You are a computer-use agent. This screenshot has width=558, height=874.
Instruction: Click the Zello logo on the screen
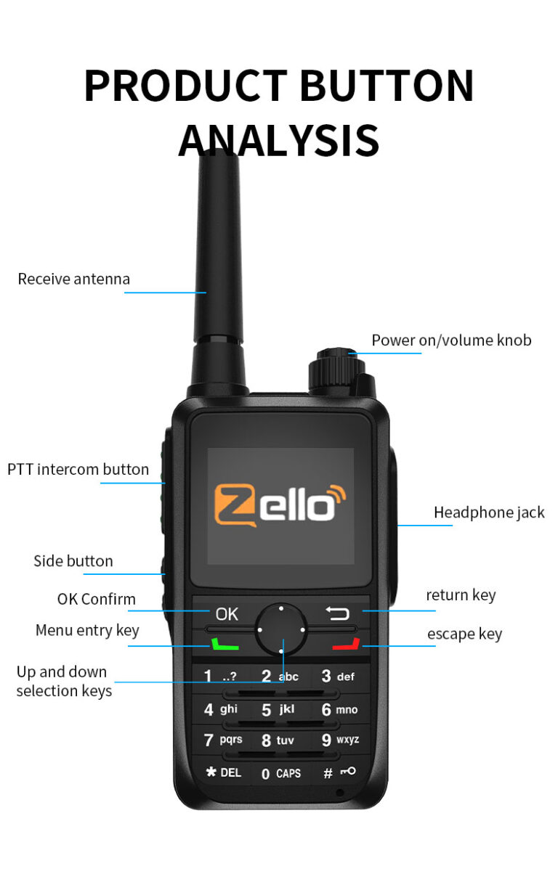[280, 503]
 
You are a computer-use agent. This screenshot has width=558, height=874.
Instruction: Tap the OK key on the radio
[226, 613]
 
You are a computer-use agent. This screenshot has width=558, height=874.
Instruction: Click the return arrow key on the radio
[337, 613]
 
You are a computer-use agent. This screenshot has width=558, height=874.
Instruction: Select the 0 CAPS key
[280, 773]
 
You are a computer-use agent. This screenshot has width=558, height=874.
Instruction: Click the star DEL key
[222, 772]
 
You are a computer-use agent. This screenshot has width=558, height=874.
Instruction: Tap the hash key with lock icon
[339, 772]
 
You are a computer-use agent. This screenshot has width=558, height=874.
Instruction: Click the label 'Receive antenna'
[74, 279]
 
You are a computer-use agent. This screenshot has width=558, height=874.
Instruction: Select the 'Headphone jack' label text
[489, 512]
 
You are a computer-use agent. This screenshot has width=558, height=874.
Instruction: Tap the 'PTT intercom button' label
[78, 469]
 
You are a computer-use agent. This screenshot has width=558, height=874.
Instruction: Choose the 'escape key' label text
[464, 634]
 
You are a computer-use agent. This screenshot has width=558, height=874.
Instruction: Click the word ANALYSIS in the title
[279, 139]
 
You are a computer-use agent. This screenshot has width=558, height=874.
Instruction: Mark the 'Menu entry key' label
[87, 630]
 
